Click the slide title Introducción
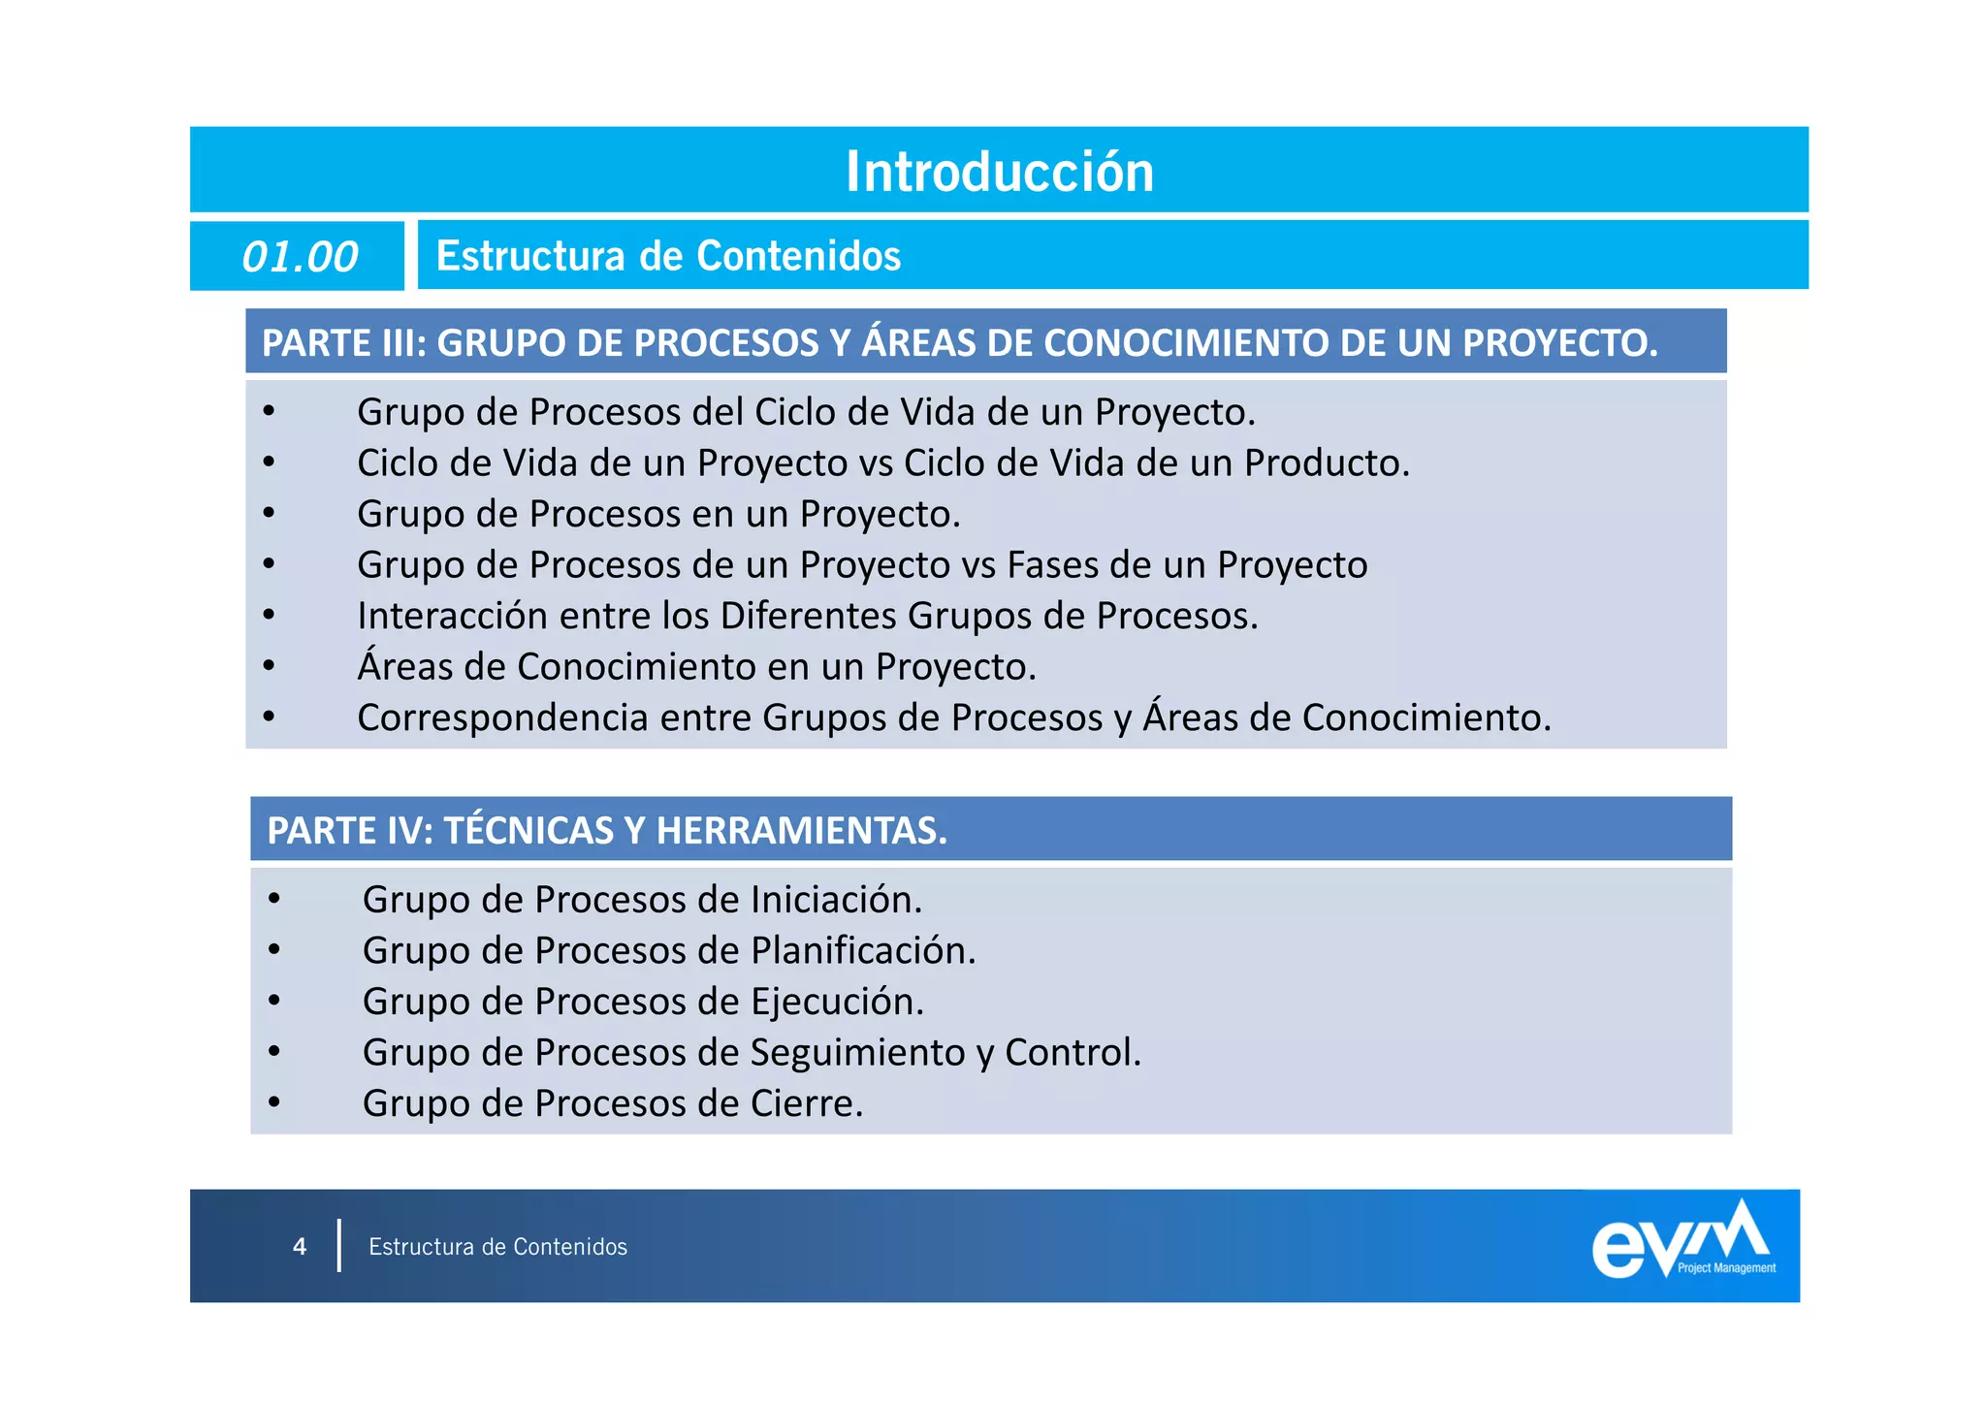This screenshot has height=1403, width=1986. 1000,172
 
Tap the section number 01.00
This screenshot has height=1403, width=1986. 300,257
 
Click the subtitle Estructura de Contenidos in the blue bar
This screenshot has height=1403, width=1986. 668,256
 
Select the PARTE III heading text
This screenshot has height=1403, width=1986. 959,343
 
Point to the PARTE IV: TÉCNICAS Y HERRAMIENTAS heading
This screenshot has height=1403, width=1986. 607,831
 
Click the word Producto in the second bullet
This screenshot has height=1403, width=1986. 1326,463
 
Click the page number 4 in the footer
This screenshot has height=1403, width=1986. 300,1247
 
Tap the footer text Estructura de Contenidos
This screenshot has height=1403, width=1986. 497,1247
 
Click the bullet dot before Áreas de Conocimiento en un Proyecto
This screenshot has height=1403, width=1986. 270,666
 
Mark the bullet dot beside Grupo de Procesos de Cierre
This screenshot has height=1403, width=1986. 275,1102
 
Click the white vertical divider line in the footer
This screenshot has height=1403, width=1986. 339,1246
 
